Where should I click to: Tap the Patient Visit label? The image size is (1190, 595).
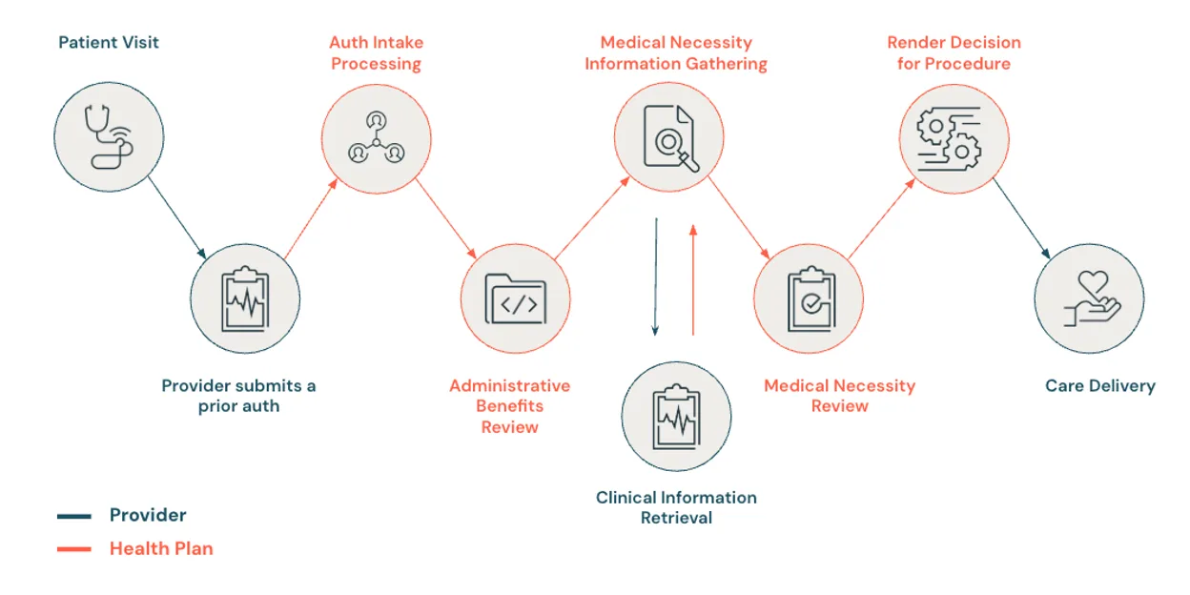click(109, 43)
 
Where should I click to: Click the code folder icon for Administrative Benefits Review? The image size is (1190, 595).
click(515, 298)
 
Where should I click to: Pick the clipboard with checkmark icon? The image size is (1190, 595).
click(809, 298)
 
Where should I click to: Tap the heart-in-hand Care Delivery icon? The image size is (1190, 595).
click(1089, 298)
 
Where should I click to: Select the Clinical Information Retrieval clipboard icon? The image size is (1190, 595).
click(676, 416)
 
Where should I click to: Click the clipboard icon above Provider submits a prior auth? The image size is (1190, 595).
click(245, 298)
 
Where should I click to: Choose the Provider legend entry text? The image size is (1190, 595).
click(148, 515)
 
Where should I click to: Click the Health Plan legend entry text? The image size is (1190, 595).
click(161, 548)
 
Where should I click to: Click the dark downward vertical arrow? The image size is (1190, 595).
click(655, 277)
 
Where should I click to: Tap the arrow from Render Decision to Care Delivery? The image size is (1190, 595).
click(1021, 218)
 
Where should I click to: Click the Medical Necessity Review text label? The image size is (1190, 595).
click(839, 396)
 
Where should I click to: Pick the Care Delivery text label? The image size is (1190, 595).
click(1099, 386)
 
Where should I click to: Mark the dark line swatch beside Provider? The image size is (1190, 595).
click(74, 516)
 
